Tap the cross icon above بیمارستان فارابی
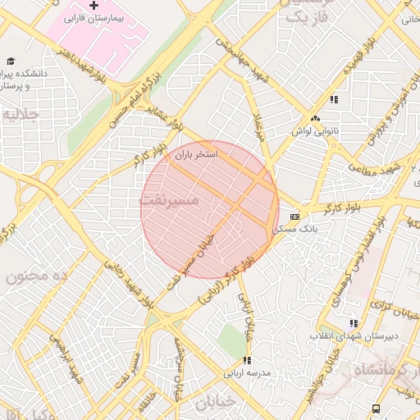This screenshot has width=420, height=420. (94, 5)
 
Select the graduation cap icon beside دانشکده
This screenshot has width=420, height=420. (11, 61)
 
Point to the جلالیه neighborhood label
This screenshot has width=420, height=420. (21, 115)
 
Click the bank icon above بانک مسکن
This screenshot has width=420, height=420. (295, 217)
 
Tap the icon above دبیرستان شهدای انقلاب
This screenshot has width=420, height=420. (354, 324)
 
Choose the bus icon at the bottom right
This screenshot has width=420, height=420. (376, 408)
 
